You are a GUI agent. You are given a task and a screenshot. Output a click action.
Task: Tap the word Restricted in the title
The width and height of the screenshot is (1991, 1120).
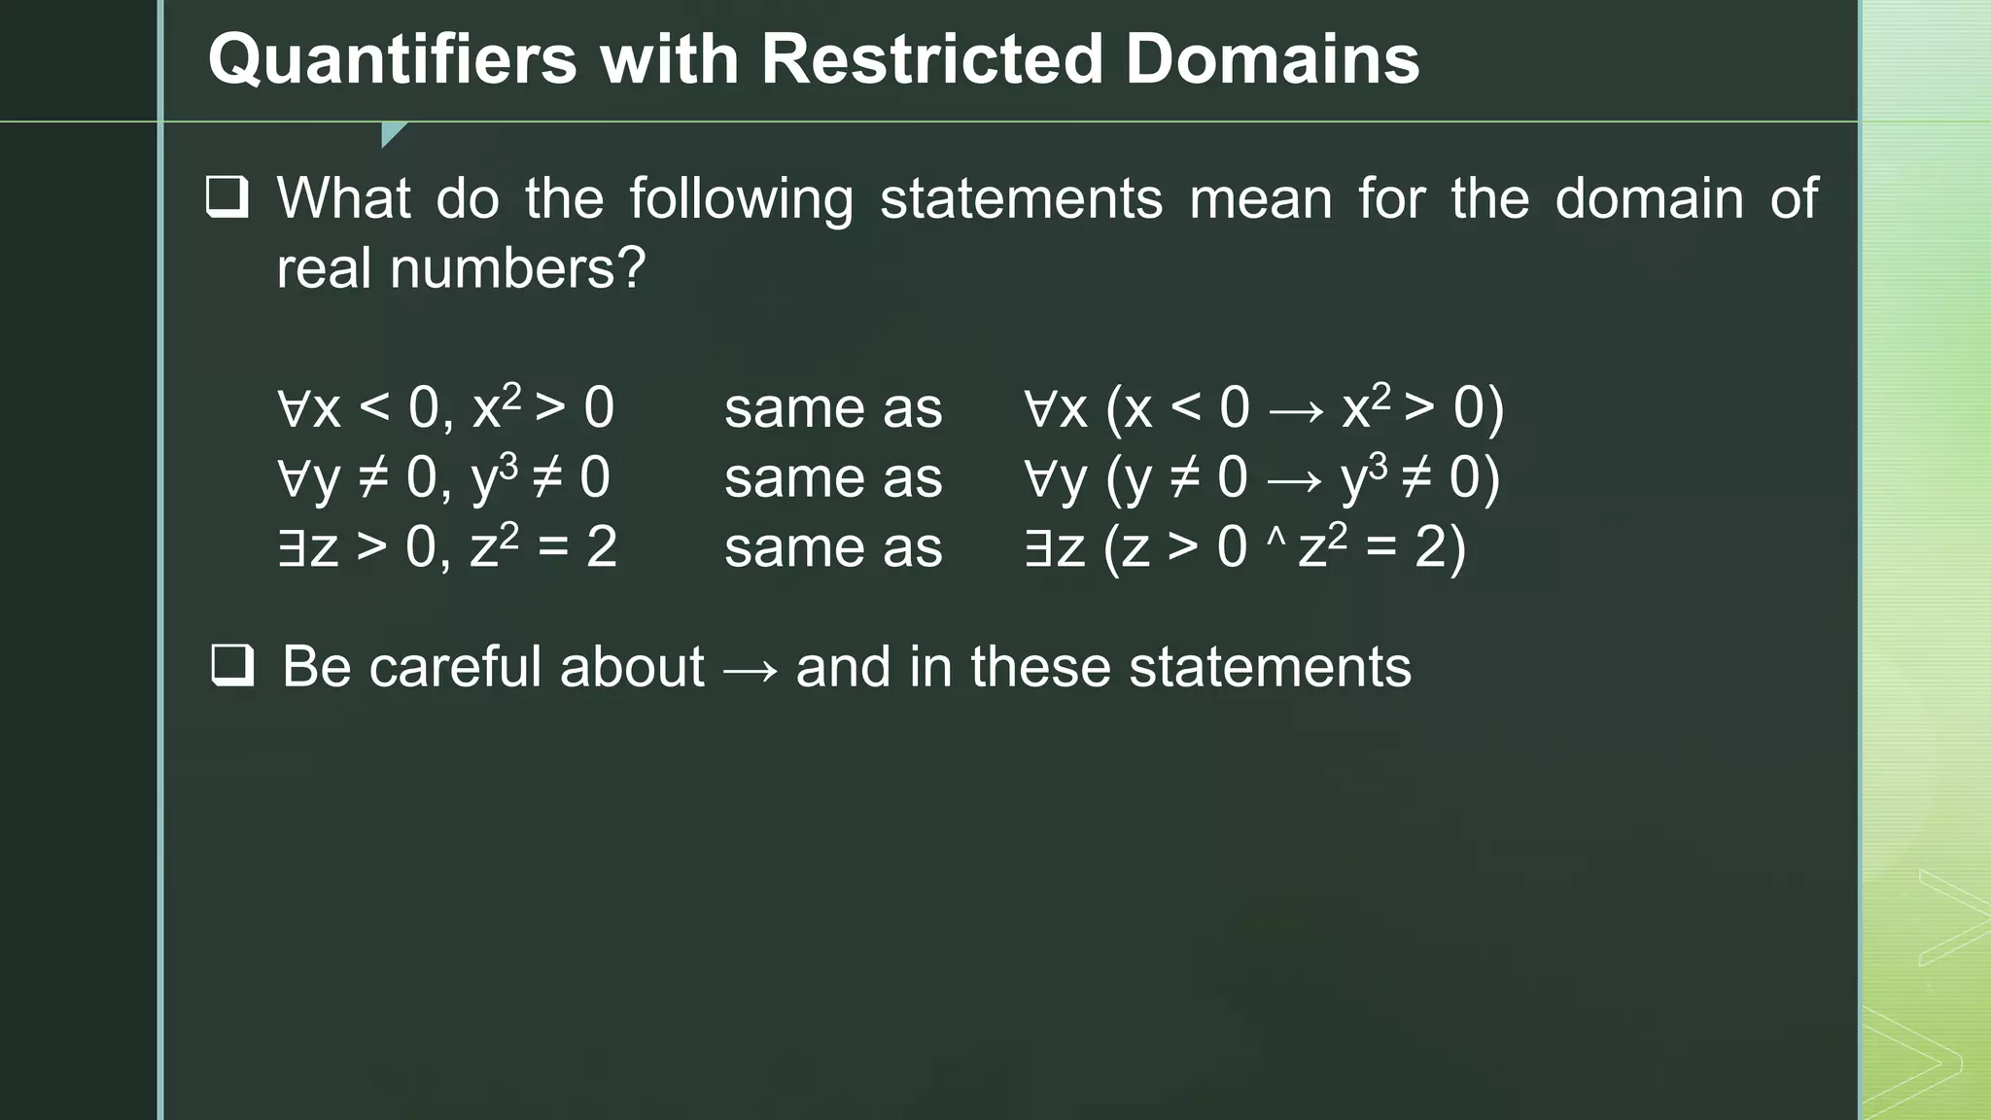point(931,60)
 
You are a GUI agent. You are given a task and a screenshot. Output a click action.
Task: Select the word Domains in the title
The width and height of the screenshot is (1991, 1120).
point(1273,60)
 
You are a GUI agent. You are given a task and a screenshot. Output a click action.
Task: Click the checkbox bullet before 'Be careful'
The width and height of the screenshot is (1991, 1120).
point(233,666)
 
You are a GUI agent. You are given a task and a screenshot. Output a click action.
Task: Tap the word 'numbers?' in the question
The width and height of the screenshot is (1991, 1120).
point(517,268)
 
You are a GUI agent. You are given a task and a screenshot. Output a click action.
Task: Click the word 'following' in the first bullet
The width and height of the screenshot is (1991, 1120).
point(741,199)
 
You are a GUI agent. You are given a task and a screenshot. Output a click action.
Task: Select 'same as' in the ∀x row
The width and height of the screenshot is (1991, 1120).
point(833,407)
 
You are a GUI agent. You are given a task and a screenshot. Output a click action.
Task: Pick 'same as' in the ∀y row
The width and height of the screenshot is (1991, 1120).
point(833,477)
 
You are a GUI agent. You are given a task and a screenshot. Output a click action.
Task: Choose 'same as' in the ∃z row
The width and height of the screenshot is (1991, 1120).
point(833,547)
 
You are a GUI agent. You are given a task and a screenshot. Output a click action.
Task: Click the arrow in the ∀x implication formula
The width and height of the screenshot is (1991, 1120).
point(1297,411)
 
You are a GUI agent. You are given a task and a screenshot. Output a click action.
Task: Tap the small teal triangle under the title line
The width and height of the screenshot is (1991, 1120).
point(392,133)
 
